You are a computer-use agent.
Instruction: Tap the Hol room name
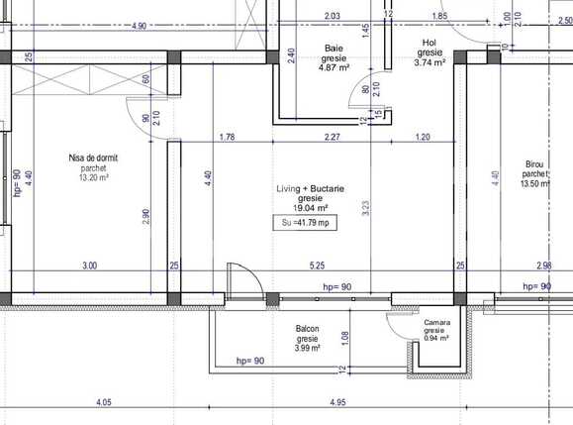(430, 43)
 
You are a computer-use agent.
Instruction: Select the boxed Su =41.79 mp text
(305, 225)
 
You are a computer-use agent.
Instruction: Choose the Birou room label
(535, 164)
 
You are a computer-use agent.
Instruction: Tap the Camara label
(436, 323)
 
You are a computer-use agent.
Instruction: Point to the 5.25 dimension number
(317, 265)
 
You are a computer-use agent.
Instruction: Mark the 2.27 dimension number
(334, 137)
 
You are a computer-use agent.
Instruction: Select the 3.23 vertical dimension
(366, 208)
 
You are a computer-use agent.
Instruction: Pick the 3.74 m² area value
(430, 62)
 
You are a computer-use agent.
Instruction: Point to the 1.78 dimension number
(227, 137)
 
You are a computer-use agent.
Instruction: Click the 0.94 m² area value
(436, 338)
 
